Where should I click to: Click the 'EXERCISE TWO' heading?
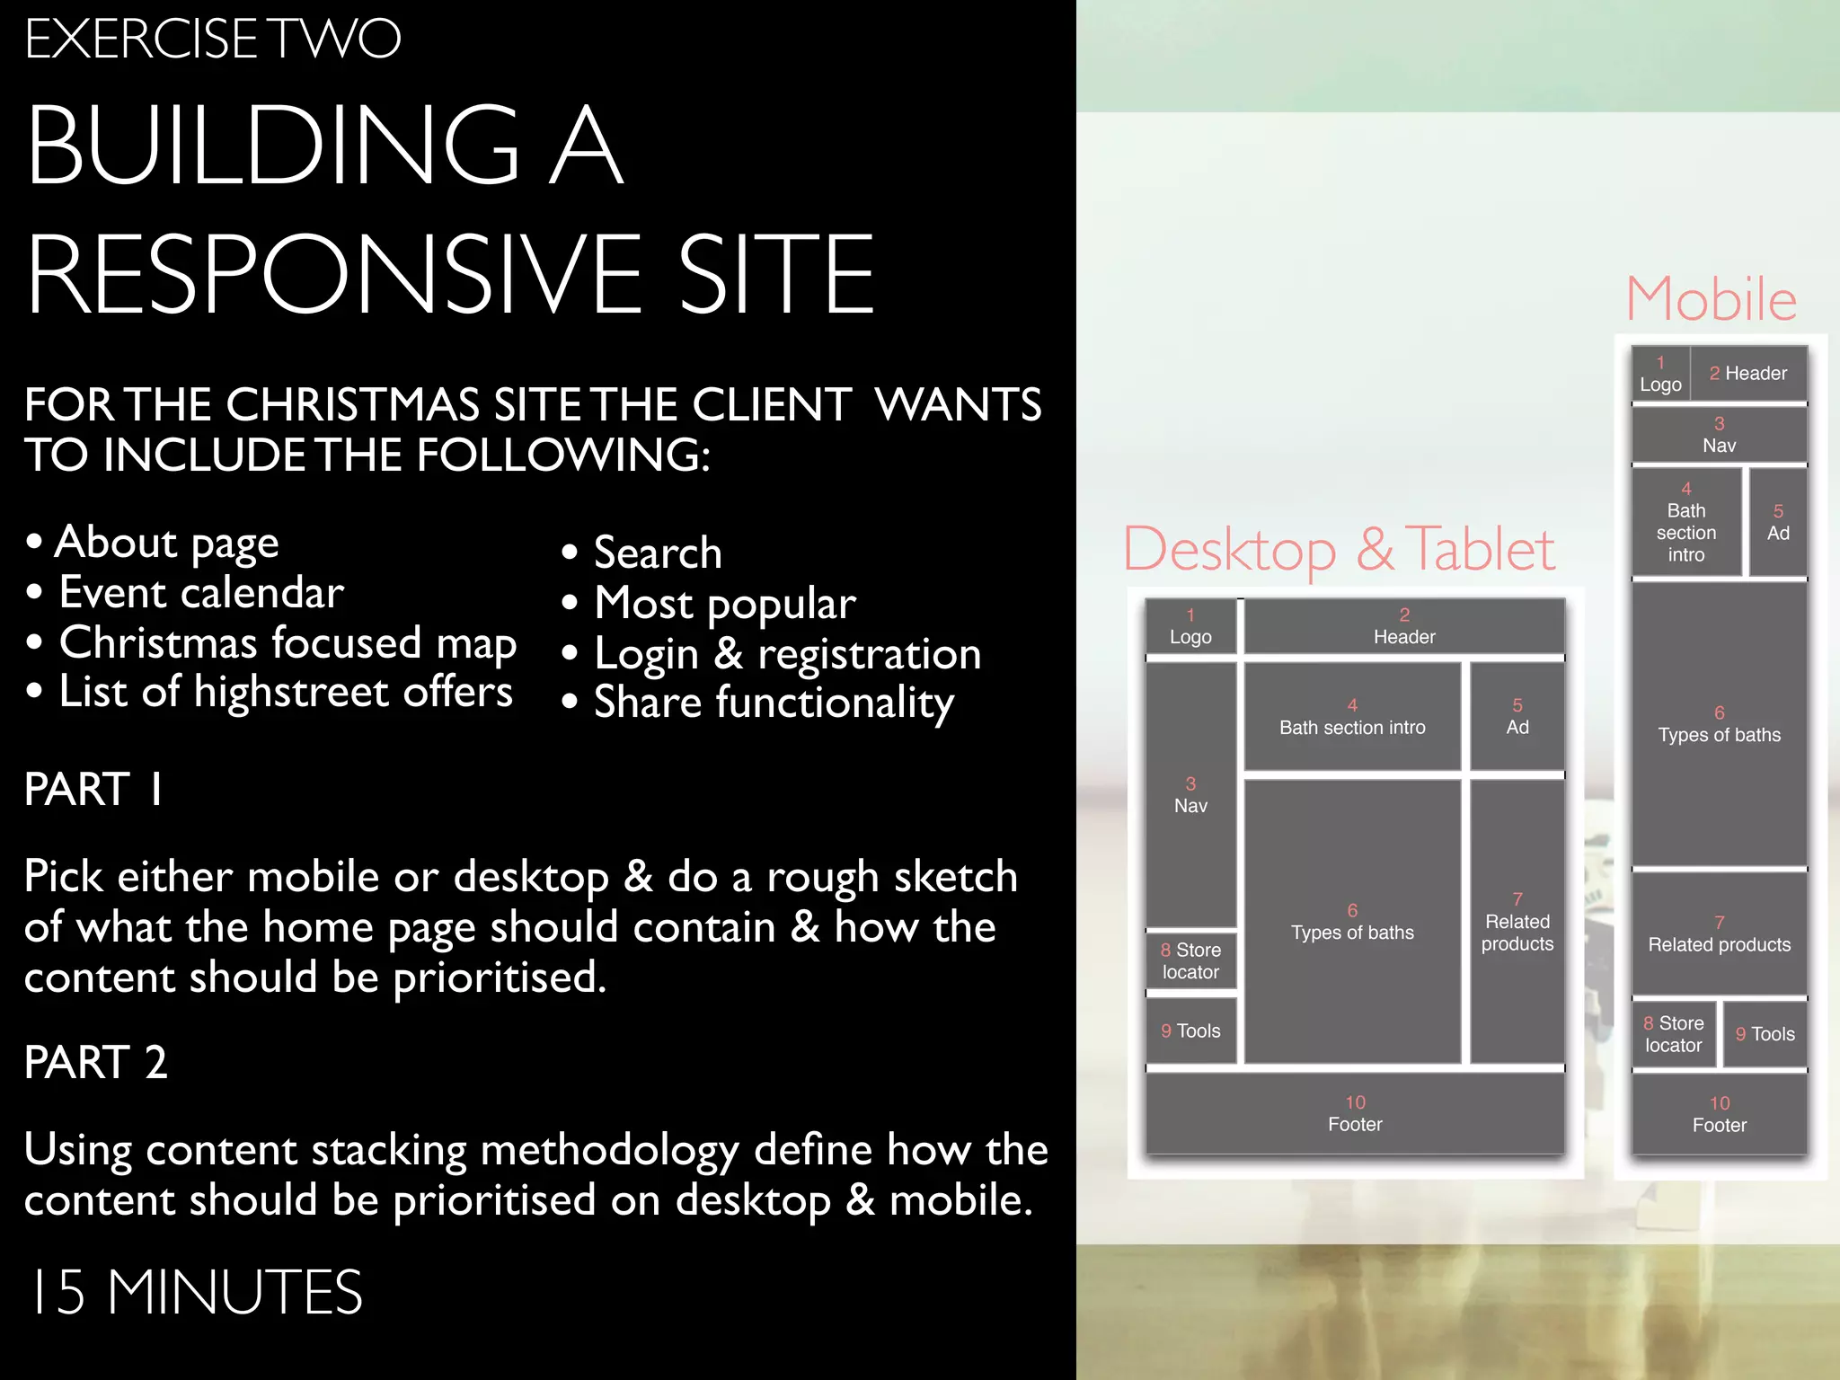click(x=212, y=40)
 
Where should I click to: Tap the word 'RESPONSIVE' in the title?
click(x=333, y=275)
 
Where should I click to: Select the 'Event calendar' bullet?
click(x=201, y=593)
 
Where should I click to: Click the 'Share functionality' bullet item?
click(x=773, y=703)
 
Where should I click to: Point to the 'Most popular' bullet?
click(x=724, y=604)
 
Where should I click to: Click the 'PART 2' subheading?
click(x=95, y=1062)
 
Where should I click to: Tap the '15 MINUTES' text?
click(x=196, y=1292)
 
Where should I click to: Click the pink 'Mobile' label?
click(x=1711, y=299)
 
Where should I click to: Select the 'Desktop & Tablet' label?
click(x=1339, y=549)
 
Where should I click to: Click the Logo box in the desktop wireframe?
click(x=1190, y=627)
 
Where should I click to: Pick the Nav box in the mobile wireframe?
click(x=1719, y=436)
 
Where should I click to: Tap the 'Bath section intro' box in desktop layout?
click(x=1352, y=718)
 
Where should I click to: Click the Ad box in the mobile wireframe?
click(x=1778, y=523)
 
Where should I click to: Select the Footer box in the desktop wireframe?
click(x=1355, y=1114)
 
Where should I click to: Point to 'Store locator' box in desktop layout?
click(x=1190, y=961)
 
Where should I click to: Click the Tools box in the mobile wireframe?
click(x=1765, y=1034)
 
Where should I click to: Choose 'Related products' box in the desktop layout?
click(x=1517, y=923)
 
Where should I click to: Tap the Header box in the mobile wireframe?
click(x=1748, y=374)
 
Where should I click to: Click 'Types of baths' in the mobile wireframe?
click(x=1719, y=725)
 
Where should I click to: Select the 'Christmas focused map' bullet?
click(x=287, y=643)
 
